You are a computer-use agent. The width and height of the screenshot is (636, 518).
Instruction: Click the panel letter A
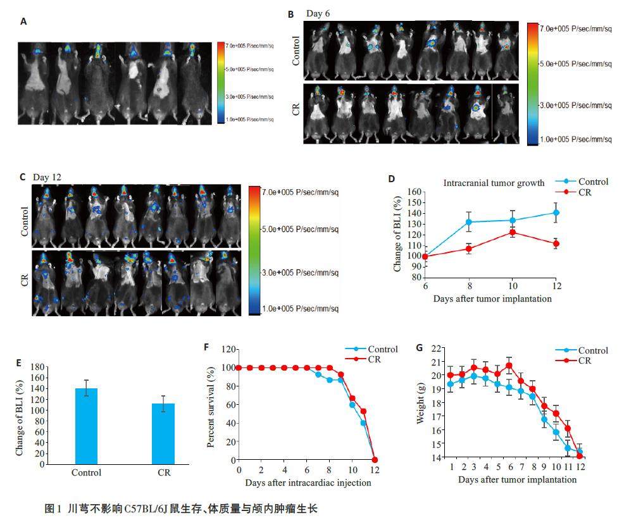(23, 22)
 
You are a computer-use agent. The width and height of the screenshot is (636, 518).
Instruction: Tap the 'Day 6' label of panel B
(317, 13)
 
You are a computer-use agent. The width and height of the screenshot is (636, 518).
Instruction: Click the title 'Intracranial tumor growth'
(494, 183)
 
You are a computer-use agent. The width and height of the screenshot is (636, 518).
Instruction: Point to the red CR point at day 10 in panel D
(513, 232)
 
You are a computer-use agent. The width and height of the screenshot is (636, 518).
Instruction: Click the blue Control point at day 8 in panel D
(469, 222)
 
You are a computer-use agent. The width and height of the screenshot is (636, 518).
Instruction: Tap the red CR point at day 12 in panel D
(556, 244)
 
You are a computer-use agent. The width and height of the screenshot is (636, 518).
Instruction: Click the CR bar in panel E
(163, 433)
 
